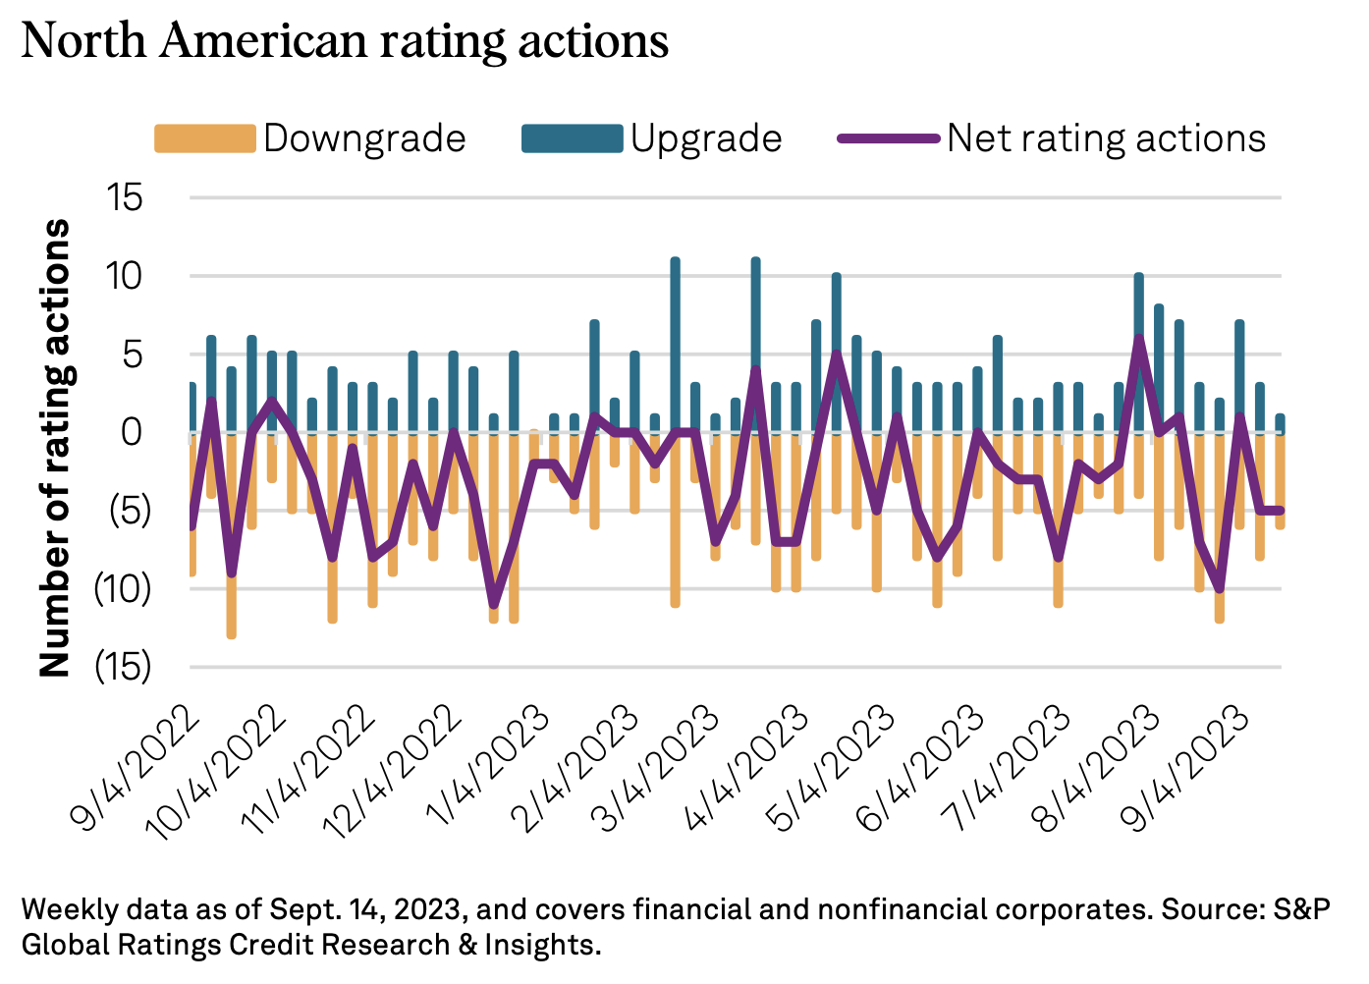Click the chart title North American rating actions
[345, 42]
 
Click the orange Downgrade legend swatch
[204, 138]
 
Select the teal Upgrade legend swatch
[572, 138]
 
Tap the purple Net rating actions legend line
[888, 138]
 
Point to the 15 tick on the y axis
[125, 197]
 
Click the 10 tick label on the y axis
[125, 276]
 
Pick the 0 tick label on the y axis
[132, 432]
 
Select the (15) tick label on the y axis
[122, 667]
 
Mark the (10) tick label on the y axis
[122, 588]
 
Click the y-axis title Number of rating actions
[56, 448]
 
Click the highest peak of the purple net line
[1138, 339]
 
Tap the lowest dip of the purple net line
[493, 605]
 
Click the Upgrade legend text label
[706, 138]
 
